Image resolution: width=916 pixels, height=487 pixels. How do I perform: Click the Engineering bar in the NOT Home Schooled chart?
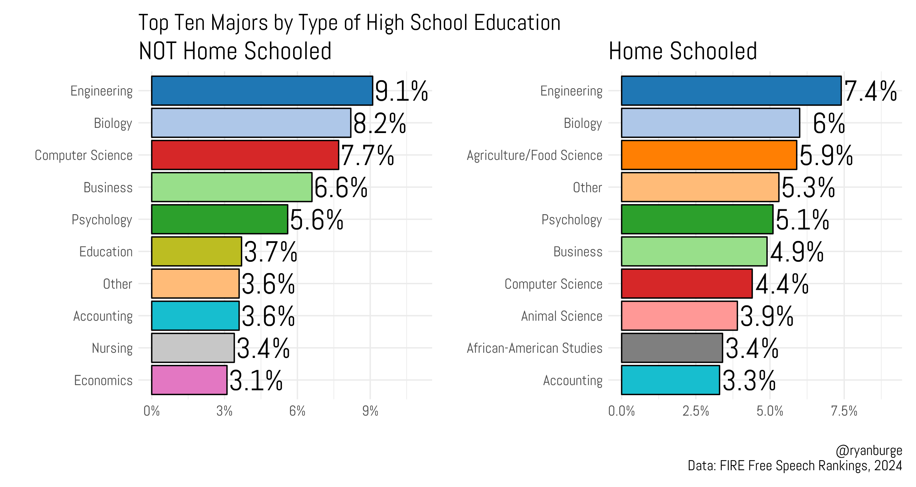262,91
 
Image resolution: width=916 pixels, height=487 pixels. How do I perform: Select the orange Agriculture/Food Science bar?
709,155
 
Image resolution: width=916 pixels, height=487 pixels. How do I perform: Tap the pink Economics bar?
189,380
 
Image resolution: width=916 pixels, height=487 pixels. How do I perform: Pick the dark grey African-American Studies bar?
672,348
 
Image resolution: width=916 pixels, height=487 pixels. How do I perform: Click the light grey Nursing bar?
193,348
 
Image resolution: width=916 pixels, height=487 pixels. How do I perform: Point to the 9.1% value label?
401,91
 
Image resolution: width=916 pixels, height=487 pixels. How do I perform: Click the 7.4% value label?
870,91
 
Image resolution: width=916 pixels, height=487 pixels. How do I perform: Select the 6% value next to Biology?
829,124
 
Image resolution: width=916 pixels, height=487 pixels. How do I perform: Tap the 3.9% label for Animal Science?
767,316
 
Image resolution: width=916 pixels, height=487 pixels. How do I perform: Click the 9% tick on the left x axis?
370,411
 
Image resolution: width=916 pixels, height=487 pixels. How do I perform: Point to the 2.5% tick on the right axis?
696,411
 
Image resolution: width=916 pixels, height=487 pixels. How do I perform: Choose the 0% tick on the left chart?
151,411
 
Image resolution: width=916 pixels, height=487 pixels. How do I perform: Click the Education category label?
106,252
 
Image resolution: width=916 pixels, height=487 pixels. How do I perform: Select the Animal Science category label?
562,316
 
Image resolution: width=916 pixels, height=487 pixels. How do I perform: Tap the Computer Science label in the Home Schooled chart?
553,284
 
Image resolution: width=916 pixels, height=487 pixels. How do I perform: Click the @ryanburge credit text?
868,450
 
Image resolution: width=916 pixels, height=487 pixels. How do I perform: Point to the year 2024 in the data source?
888,466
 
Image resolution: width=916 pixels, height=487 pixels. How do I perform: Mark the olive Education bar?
196,251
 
